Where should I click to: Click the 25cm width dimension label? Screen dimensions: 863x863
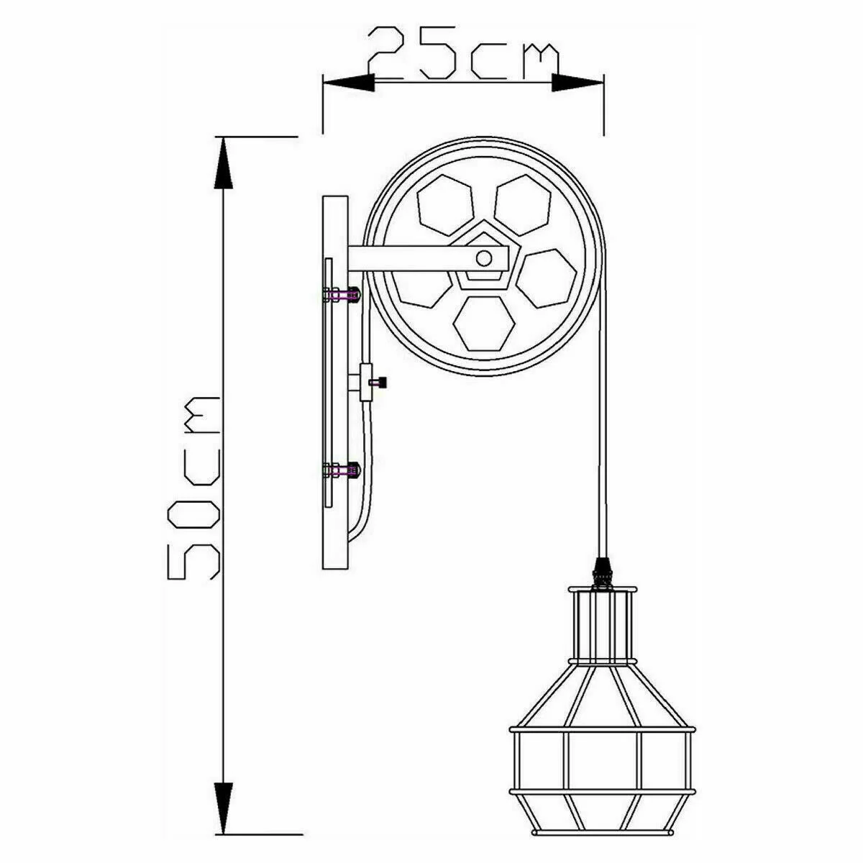point(462,54)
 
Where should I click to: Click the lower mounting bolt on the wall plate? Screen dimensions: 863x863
point(341,471)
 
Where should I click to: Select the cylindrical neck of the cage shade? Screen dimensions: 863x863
point(602,624)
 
